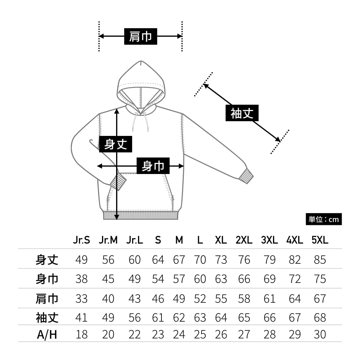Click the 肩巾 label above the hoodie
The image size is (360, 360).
[x=140, y=36]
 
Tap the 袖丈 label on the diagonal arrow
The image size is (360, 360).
[x=242, y=113]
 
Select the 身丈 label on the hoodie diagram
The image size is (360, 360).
[x=115, y=144]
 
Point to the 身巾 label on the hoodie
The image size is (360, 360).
[x=153, y=166]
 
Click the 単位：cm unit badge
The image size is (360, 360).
[x=324, y=219]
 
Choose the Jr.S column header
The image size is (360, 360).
[x=81, y=240]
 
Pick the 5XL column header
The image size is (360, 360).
[x=320, y=240]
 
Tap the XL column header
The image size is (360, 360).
[x=221, y=240]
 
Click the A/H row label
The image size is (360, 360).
[x=47, y=334]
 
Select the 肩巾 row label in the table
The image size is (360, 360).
[x=47, y=299]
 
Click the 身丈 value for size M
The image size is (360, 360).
[x=179, y=259]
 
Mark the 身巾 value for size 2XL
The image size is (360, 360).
[x=244, y=279]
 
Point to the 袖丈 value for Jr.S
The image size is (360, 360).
[x=81, y=317]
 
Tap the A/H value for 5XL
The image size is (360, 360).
[x=320, y=334]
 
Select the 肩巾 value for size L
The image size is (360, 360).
[x=200, y=299]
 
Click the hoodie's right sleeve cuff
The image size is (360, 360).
[x=246, y=176]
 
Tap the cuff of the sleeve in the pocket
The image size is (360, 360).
[x=118, y=182]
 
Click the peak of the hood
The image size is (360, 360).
[x=141, y=62]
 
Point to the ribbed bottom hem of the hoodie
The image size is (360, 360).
[x=141, y=215]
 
